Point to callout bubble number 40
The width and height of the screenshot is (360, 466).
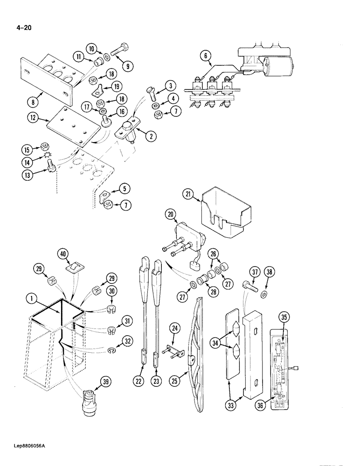click(64, 254)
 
